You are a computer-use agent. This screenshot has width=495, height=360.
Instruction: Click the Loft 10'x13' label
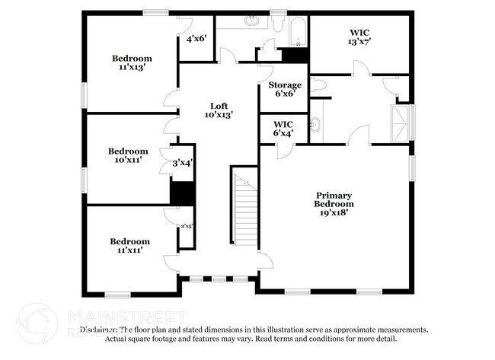tap(219, 110)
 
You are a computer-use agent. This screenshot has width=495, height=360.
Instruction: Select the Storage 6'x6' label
tap(284, 89)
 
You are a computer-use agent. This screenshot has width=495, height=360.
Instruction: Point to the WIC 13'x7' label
tap(359, 37)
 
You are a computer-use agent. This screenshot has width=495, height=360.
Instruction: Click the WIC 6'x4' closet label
tap(283, 128)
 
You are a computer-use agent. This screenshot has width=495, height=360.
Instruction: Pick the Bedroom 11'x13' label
tap(132, 62)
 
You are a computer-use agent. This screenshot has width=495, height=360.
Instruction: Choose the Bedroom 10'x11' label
tap(127, 155)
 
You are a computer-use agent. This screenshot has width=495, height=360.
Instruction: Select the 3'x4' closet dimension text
tap(181, 162)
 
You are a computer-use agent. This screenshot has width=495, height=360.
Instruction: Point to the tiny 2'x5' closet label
tap(185, 226)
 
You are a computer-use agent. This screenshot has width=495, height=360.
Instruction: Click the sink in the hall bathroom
tap(252, 21)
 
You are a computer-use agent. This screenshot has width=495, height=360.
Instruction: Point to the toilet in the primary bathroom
tap(318, 85)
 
